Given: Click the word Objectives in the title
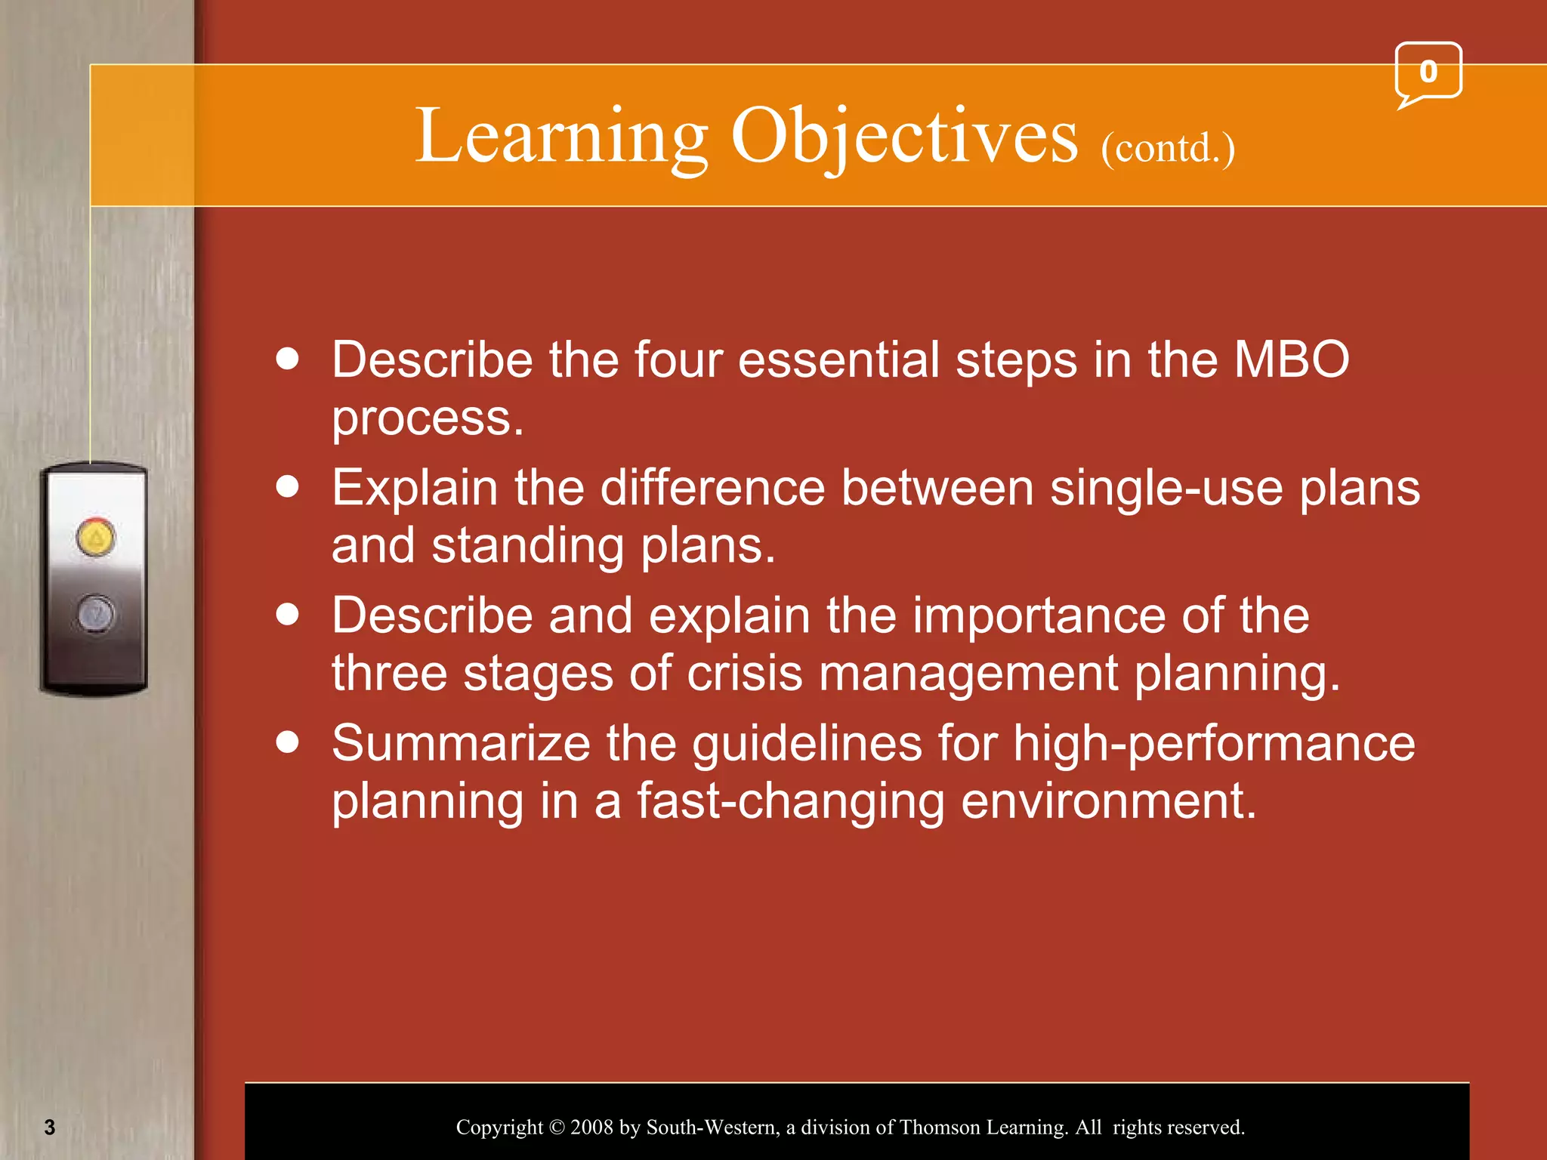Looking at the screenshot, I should coord(904,137).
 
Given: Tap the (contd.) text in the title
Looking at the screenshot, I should coord(1167,148).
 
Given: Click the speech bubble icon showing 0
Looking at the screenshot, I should coord(1427,73).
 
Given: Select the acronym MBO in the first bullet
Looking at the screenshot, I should coord(1291,359).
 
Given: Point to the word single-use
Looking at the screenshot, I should coord(1166,488).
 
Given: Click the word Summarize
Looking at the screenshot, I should coord(461,743).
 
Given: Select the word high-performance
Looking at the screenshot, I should coord(1213,743).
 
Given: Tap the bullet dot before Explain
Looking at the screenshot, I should coord(288,486).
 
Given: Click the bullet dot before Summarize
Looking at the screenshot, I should coord(288,742).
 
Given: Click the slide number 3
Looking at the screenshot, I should coord(50,1128).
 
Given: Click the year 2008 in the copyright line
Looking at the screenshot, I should coord(591,1128).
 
